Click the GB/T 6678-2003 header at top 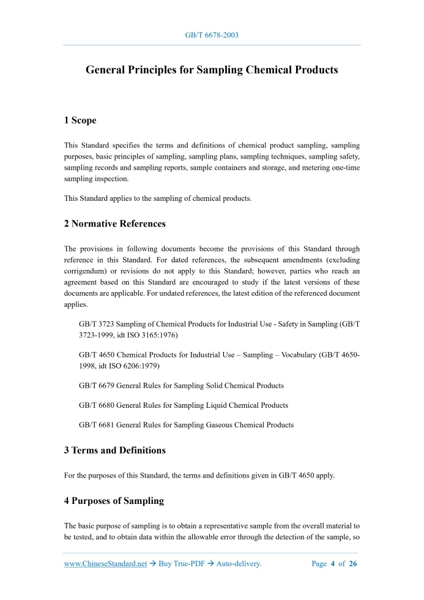click(x=212, y=35)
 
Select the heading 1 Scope click(x=80, y=120)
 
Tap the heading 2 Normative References click(x=114, y=223)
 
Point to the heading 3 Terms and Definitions click(x=114, y=450)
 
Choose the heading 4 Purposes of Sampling click(x=114, y=500)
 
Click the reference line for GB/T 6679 click(x=181, y=386)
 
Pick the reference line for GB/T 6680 click(x=184, y=405)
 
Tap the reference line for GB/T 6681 click(x=186, y=424)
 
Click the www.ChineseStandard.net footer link click(x=105, y=564)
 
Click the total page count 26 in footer click(x=352, y=564)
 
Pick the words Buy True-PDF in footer click(x=180, y=564)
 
